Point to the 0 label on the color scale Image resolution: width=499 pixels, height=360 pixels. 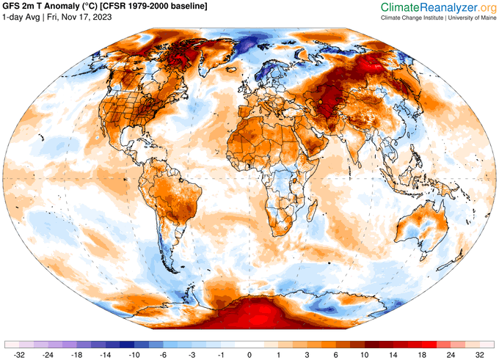[x=249, y=353]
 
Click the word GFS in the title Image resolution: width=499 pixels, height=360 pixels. [x=13, y=7]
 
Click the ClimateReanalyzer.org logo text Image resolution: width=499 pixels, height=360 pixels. [x=439, y=7]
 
